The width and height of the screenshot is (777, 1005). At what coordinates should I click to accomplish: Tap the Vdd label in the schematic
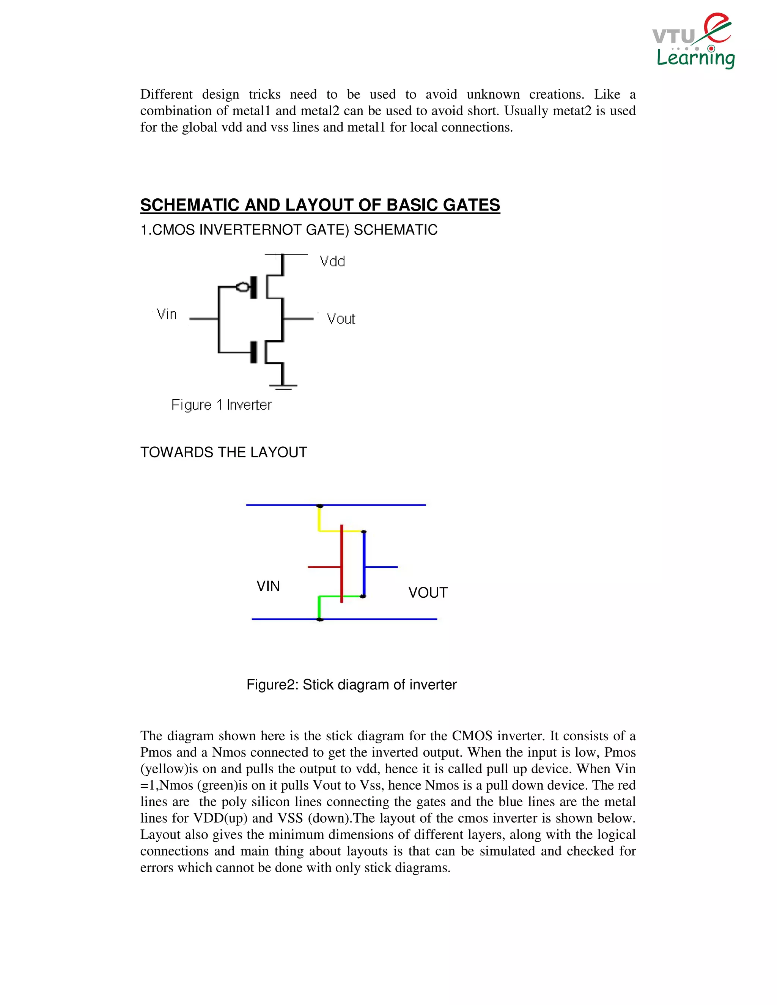coord(332,261)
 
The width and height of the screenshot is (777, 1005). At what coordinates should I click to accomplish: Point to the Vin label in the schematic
coord(167,314)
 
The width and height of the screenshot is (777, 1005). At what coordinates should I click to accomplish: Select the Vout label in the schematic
coord(341,319)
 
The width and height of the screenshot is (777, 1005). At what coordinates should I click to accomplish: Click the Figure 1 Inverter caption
coord(222,405)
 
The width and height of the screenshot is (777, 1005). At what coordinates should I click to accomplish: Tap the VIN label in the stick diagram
coord(268,586)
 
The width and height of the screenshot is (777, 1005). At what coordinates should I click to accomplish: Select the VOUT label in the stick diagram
coord(428,593)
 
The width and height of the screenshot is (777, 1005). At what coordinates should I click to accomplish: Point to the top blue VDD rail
coord(377,505)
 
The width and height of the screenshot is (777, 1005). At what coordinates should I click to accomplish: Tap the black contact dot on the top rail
coord(320,506)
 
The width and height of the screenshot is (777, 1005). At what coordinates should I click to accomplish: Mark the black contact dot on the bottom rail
coord(320,619)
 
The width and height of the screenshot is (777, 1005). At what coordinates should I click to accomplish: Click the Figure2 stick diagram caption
coord(351,685)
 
